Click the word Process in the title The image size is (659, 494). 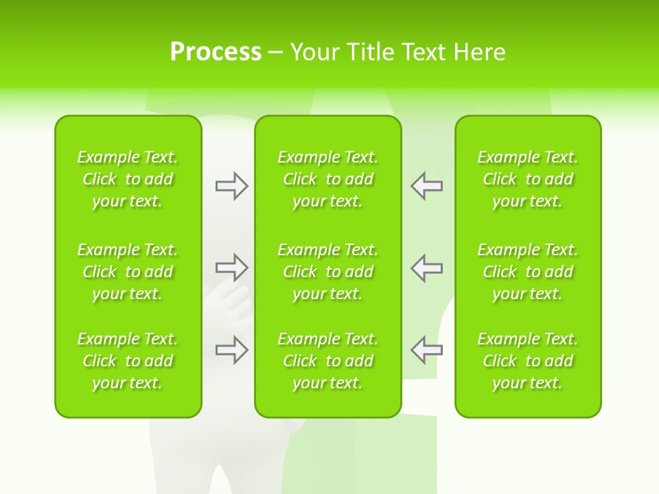[216, 52]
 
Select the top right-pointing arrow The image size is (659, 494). [231, 186]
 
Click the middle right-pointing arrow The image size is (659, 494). [231, 267]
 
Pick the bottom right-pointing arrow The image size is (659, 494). [231, 349]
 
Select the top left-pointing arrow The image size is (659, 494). [427, 186]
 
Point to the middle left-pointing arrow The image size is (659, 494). [427, 267]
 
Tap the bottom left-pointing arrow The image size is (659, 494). [427, 349]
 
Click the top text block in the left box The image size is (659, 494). [128, 179]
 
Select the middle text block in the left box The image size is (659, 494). [128, 272]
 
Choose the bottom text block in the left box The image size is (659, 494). [128, 361]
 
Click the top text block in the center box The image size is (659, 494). [328, 179]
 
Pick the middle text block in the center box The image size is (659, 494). [328, 272]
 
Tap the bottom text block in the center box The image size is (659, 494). [328, 361]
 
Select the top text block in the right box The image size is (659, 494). [528, 179]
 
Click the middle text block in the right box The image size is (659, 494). [528, 272]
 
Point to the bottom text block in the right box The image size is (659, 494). [528, 361]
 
